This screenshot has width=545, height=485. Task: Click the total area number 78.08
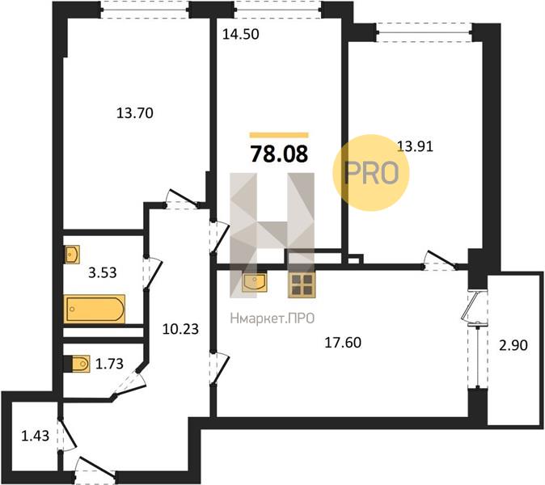pos(279,154)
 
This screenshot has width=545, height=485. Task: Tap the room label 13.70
pos(135,113)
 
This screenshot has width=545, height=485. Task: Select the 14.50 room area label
pos(242,36)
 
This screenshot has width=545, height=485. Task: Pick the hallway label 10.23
pos(180,329)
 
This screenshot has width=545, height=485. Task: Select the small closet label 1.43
pos(35,436)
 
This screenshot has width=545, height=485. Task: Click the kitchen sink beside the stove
pos(255,283)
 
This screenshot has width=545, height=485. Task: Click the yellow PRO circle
pos(372,171)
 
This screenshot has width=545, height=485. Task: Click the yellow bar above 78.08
pos(279,135)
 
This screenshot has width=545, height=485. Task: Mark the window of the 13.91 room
pos(425,32)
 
